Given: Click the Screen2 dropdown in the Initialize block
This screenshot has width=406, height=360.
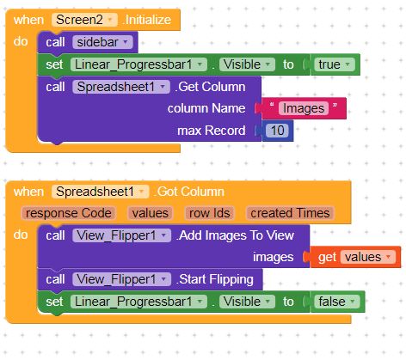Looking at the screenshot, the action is (84, 20).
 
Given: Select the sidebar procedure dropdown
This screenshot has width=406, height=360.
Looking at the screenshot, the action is (102, 42).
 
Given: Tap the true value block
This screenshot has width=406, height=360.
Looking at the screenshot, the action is (335, 64).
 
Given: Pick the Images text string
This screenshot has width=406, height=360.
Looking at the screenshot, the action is (304, 108).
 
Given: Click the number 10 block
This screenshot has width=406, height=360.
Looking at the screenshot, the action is (277, 131).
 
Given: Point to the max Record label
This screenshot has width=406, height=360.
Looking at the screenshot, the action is (212, 131).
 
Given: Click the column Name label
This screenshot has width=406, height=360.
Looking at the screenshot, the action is (206, 108).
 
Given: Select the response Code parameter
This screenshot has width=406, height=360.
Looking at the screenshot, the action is (69, 213).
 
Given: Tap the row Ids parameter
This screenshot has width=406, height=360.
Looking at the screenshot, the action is (210, 213).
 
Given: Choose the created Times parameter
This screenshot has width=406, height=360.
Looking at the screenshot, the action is (290, 213).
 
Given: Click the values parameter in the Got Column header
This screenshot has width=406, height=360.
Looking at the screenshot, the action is (151, 213).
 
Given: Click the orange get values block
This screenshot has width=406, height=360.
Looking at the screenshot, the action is (355, 257).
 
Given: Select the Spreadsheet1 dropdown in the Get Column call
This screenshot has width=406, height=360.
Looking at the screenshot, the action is (121, 87).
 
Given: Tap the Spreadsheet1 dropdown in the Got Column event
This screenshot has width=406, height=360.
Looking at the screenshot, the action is (100, 192).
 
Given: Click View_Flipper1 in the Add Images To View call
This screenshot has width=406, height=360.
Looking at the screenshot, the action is (121, 235).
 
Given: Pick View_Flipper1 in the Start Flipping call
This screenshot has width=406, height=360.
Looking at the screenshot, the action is (121, 279).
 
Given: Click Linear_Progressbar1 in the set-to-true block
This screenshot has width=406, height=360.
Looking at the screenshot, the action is (138, 64).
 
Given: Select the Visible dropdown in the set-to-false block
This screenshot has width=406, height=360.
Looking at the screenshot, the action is (247, 302).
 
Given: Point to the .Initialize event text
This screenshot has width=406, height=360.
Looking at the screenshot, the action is (147, 20).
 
